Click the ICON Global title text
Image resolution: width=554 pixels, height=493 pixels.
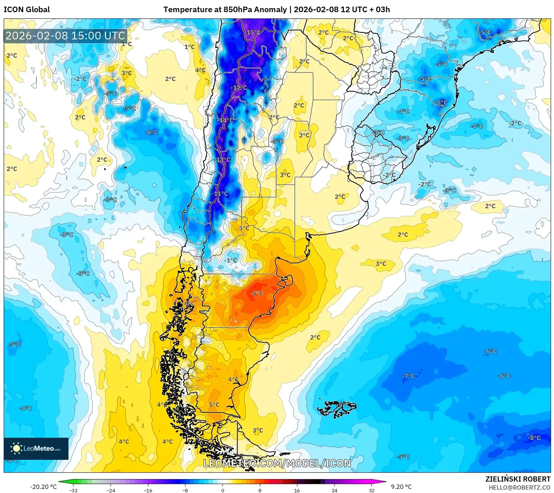point(27,10)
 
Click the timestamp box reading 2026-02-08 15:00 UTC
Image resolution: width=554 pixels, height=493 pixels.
point(65,36)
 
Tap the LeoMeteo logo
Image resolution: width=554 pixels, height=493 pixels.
point(36,448)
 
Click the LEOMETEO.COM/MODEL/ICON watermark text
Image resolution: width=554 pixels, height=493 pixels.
point(277,463)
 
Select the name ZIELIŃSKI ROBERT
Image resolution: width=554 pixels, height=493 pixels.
point(518,479)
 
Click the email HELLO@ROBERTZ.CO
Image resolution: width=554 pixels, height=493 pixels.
point(519,487)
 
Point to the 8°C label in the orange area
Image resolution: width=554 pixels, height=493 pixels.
point(258,293)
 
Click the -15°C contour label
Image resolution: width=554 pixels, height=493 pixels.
point(253,32)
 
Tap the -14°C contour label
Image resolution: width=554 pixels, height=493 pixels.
point(225,120)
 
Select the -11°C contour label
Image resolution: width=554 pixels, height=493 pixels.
point(220,193)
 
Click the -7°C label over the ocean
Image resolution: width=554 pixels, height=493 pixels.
point(408,376)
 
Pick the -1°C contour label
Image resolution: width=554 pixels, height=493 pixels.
point(230,260)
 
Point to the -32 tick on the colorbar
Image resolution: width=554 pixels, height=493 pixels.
point(73,490)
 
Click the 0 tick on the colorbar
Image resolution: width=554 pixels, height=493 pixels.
point(222,490)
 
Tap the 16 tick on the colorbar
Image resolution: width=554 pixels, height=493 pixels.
point(297,490)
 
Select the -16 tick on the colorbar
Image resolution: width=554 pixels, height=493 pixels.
point(148,490)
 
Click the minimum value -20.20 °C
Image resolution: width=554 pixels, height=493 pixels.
point(43,487)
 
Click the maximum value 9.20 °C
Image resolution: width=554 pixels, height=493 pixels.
point(401,487)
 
